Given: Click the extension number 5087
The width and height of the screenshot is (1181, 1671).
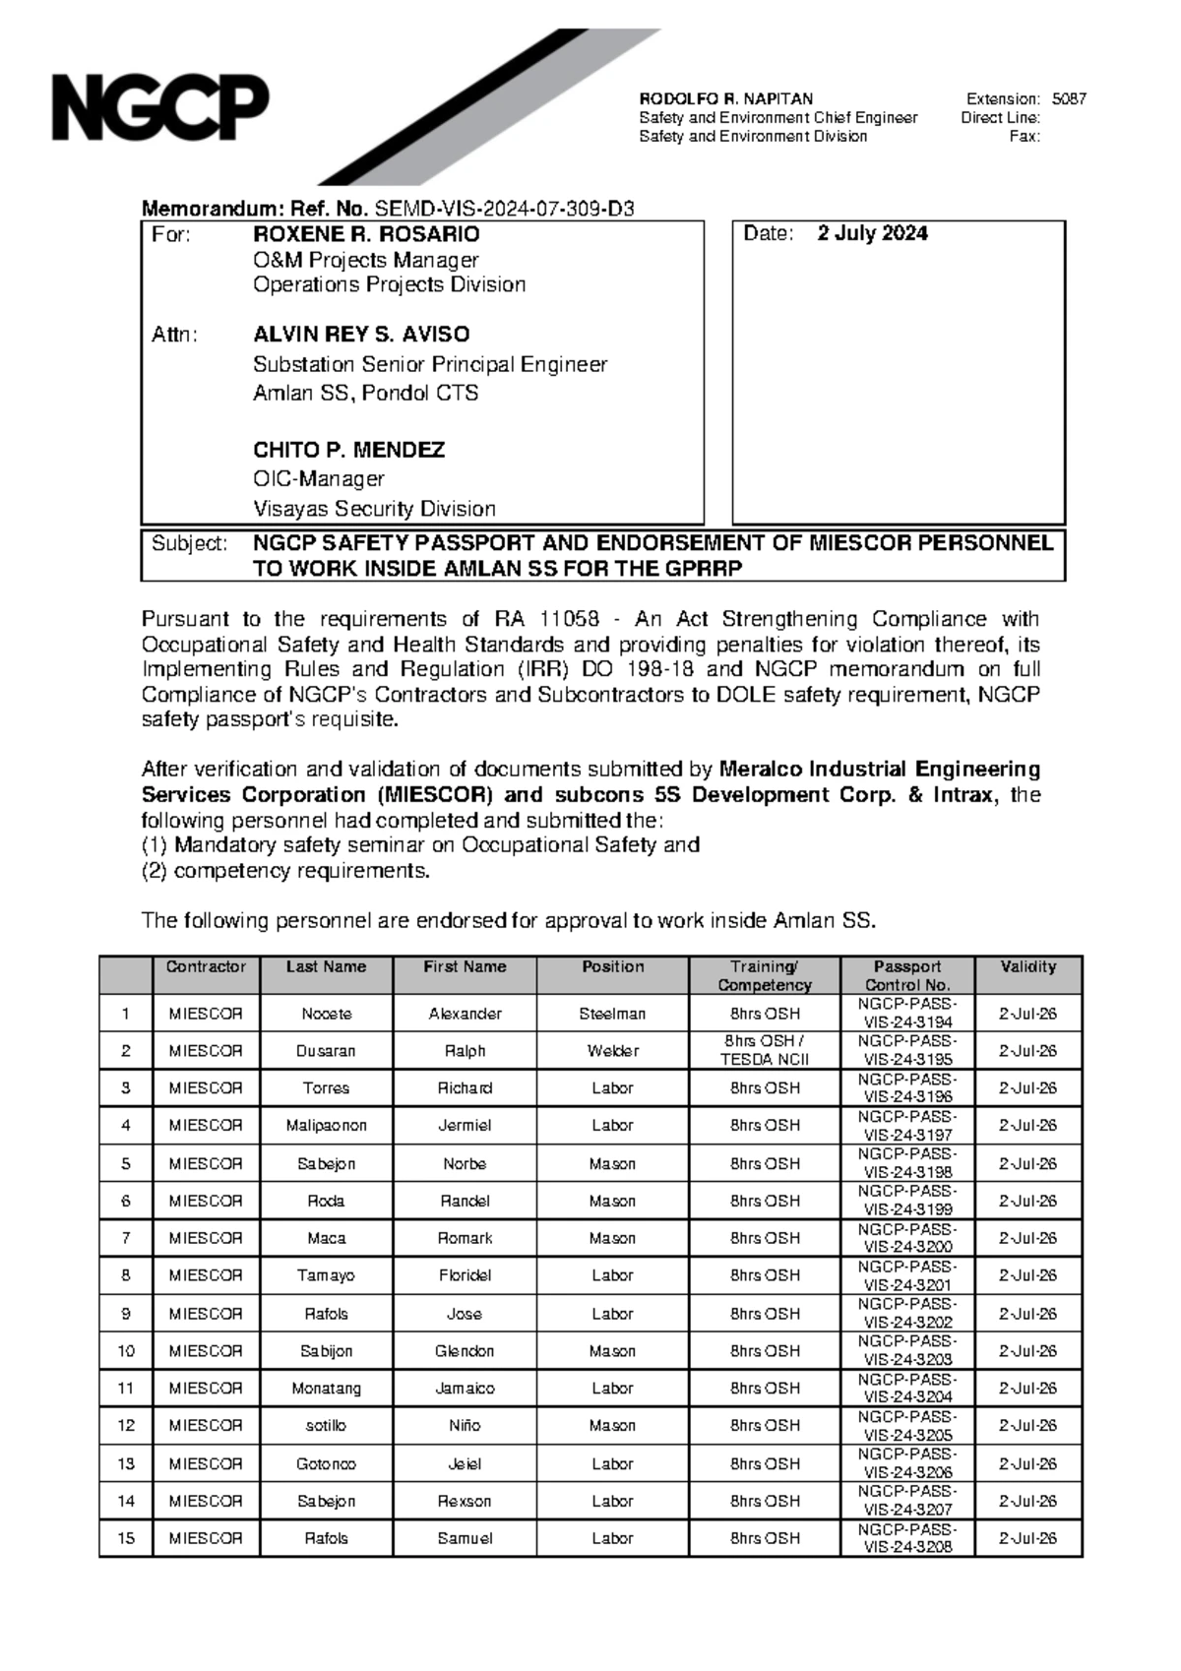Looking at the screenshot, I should (x=1069, y=99).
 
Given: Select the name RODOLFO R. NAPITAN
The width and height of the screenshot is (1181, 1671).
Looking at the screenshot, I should (x=726, y=99).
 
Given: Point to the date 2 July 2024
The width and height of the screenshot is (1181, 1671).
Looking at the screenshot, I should (x=872, y=234).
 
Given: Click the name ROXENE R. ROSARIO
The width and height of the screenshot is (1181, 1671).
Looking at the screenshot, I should (x=366, y=234).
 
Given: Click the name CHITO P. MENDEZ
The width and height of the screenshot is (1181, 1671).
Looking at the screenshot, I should (x=348, y=451).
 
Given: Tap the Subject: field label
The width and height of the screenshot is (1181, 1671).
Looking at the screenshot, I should (x=189, y=544).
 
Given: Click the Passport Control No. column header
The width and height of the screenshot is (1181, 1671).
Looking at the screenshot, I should (x=906, y=975).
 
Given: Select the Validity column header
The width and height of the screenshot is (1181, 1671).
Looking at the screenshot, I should (x=1027, y=966).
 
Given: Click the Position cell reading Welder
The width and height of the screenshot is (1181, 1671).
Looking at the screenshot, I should (x=612, y=1051).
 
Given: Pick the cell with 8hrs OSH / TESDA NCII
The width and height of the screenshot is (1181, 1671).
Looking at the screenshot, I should (x=764, y=1051).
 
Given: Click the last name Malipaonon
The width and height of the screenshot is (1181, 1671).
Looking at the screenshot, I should (x=326, y=1126).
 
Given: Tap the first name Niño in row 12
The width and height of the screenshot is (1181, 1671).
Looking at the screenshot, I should (x=465, y=1426).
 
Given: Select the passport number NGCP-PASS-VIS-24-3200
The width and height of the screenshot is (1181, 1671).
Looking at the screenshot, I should (x=906, y=1238).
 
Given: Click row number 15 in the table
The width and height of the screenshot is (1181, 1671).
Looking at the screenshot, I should (x=126, y=1538).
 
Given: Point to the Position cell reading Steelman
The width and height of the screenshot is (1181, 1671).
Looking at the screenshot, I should (x=612, y=1014).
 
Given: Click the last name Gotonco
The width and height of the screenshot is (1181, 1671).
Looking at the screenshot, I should (x=326, y=1463).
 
